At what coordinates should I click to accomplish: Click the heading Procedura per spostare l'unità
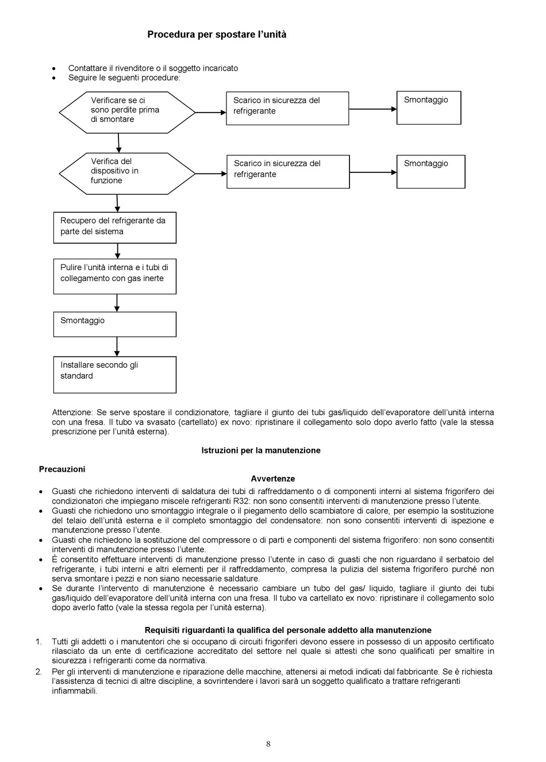pyautogui.click(x=217, y=34)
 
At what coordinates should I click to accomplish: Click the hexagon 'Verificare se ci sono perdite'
pyautogui.click(x=127, y=112)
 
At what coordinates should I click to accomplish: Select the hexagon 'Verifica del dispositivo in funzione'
pyautogui.click(x=127, y=174)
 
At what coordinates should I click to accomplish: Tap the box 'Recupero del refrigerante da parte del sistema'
pyautogui.click(x=114, y=228)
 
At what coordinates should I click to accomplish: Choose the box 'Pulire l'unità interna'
pyautogui.click(x=114, y=277)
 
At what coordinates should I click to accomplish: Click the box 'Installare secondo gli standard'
pyautogui.click(x=114, y=375)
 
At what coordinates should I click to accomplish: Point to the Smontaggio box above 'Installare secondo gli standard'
pyautogui.click(x=114, y=324)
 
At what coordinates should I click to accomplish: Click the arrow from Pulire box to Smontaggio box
pyautogui.click(x=117, y=303)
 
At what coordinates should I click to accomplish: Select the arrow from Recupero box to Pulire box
pyautogui.click(x=117, y=251)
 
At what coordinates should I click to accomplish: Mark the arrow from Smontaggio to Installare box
pyautogui.click(x=117, y=347)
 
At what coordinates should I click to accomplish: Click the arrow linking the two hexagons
pyautogui.click(x=119, y=143)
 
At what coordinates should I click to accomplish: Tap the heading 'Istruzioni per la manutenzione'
pyautogui.click(x=261, y=451)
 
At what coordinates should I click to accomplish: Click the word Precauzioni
pyautogui.click(x=62, y=469)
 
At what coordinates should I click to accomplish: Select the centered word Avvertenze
pyautogui.click(x=273, y=479)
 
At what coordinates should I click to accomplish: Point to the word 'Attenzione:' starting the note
pyautogui.click(x=72, y=413)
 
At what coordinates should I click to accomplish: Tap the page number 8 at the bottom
pyautogui.click(x=268, y=744)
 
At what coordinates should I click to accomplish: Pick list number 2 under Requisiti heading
pyautogui.click(x=39, y=672)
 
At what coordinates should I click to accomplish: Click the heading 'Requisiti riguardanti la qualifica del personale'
pyautogui.click(x=288, y=630)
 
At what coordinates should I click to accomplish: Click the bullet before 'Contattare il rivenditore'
pyautogui.click(x=55, y=68)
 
